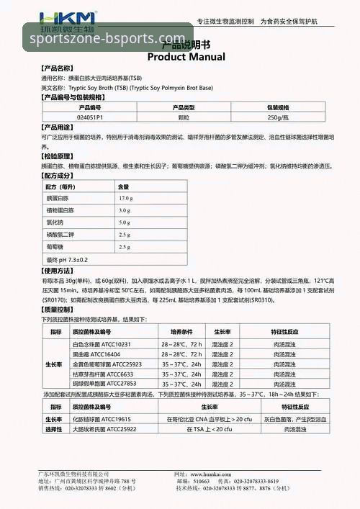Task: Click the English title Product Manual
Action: [x=186, y=57]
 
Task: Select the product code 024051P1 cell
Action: [x=90, y=116]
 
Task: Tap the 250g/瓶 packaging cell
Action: [x=279, y=116]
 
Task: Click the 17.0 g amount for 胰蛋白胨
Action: [x=126, y=198]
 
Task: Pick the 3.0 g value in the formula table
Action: [x=125, y=210]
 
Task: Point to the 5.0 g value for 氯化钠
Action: [x=125, y=222]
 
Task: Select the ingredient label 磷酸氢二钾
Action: [x=60, y=235]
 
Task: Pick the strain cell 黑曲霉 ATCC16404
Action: [x=96, y=355]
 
